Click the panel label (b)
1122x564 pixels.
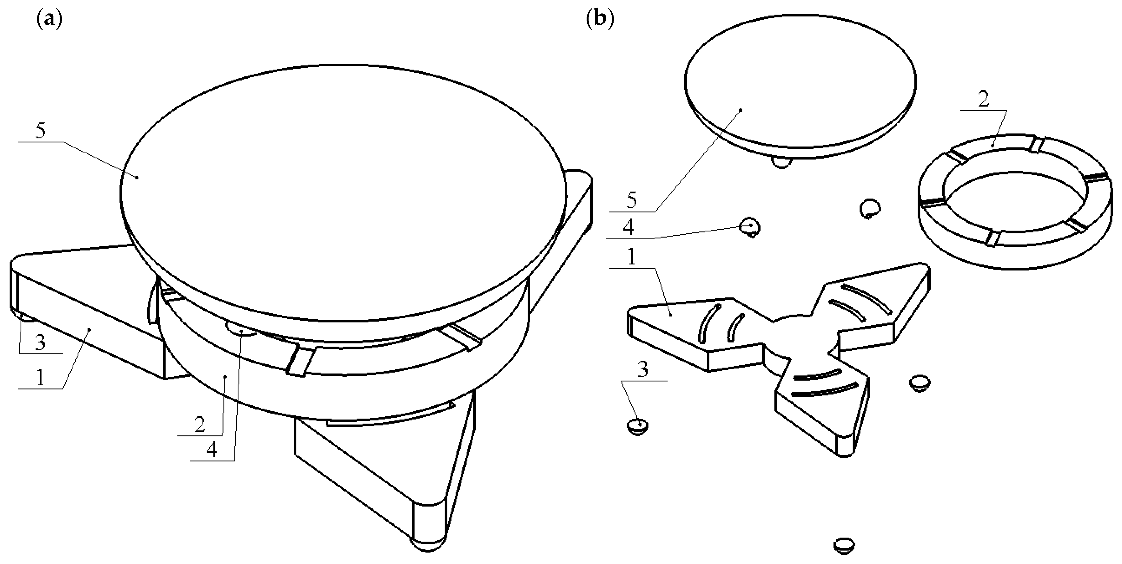pos(600,20)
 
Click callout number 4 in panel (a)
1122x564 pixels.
pos(212,450)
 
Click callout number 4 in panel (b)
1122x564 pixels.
pos(628,228)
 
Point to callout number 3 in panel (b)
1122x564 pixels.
pos(643,370)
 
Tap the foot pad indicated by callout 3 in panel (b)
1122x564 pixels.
pos(638,426)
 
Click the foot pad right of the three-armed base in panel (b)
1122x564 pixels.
pos(920,383)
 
